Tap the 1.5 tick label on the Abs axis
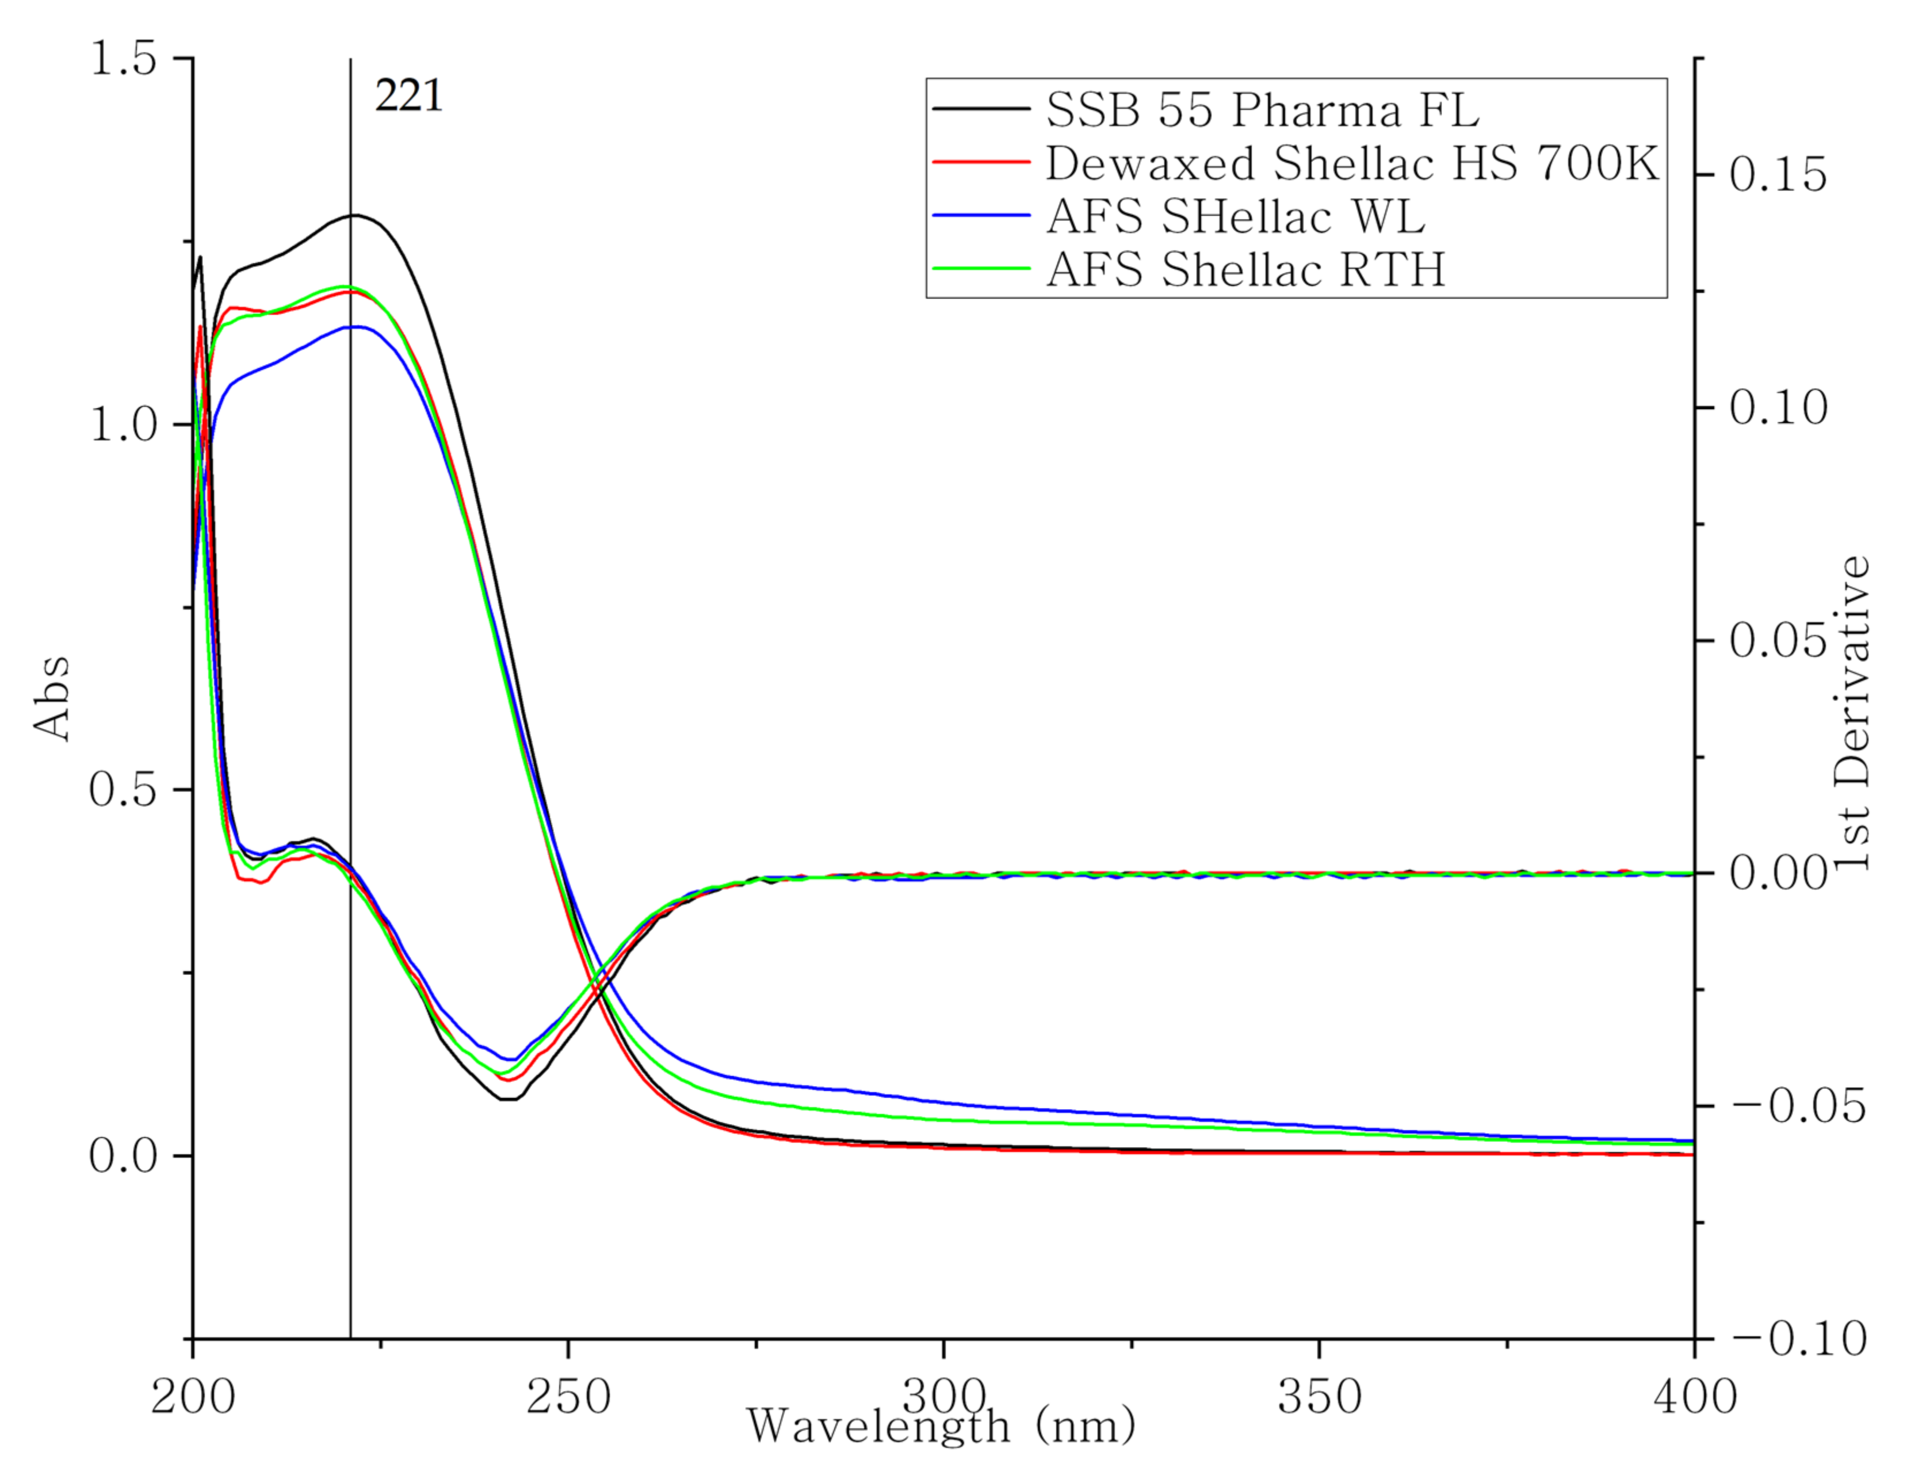[123, 59]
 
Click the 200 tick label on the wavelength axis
[193, 1396]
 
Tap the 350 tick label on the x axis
[1319, 1396]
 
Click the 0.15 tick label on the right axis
[1778, 175]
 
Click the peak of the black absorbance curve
[354, 215]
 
